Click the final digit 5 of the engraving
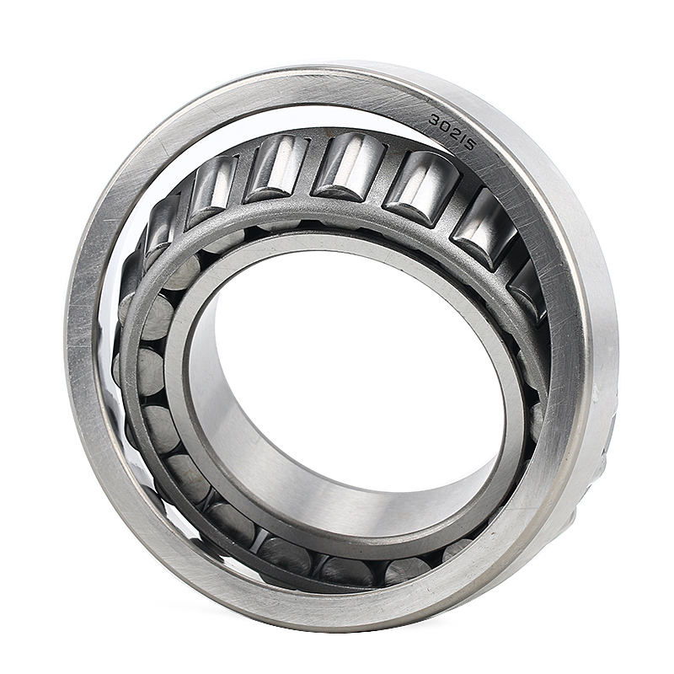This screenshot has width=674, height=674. (x=470, y=144)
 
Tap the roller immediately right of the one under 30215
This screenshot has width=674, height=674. (x=484, y=226)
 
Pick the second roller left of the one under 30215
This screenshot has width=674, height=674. (x=277, y=166)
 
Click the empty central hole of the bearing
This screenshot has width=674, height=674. (x=354, y=362)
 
